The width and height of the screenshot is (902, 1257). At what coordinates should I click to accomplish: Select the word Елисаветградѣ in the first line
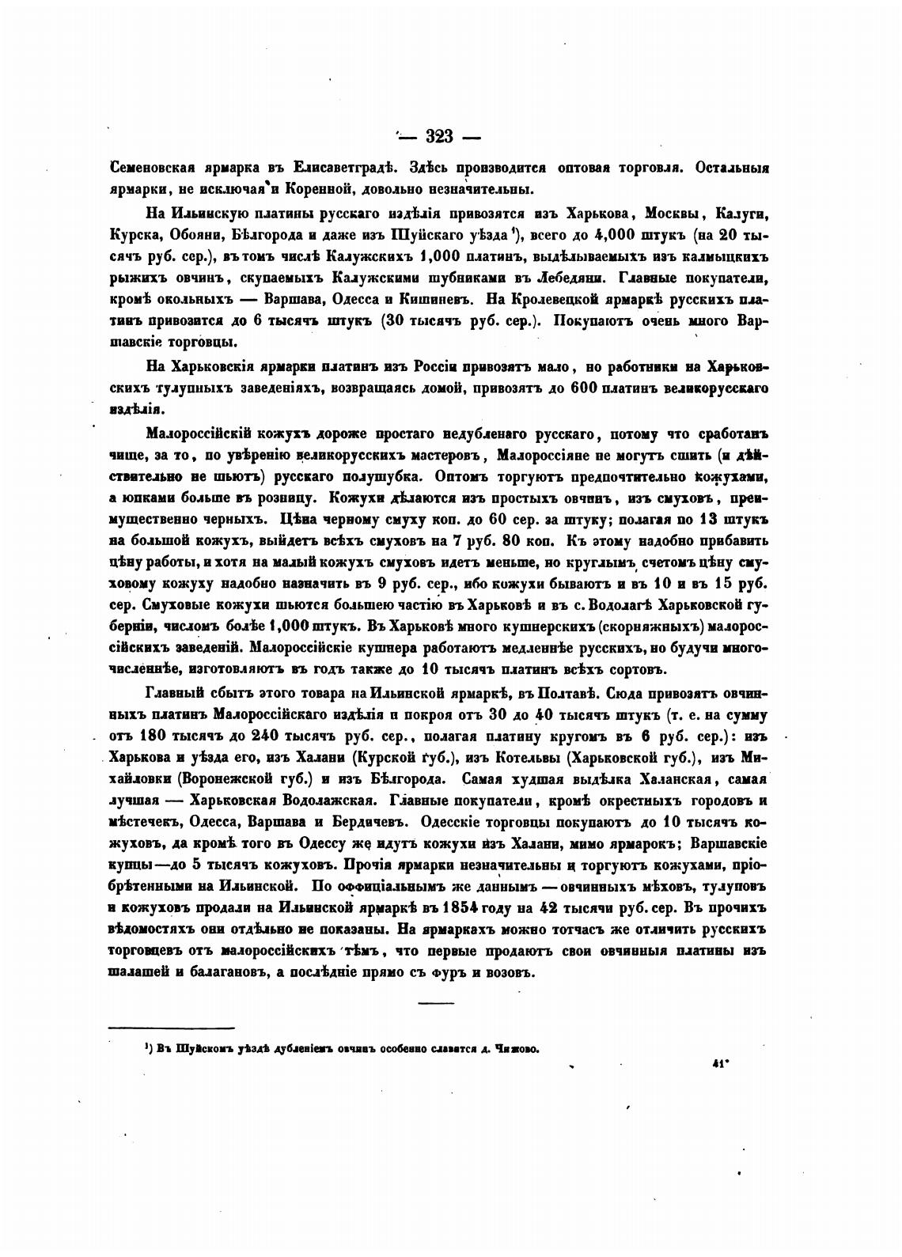click(340, 168)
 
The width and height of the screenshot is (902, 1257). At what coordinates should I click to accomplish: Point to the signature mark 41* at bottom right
click(721, 1064)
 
